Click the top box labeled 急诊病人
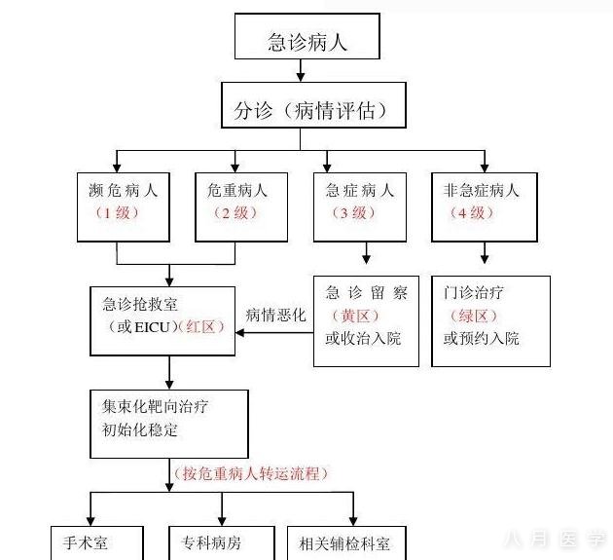point(306,39)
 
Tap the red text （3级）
point(359,212)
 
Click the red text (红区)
point(205,326)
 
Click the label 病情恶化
point(275,315)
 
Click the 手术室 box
point(96,542)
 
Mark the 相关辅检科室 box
point(344,542)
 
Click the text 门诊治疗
point(475,293)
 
